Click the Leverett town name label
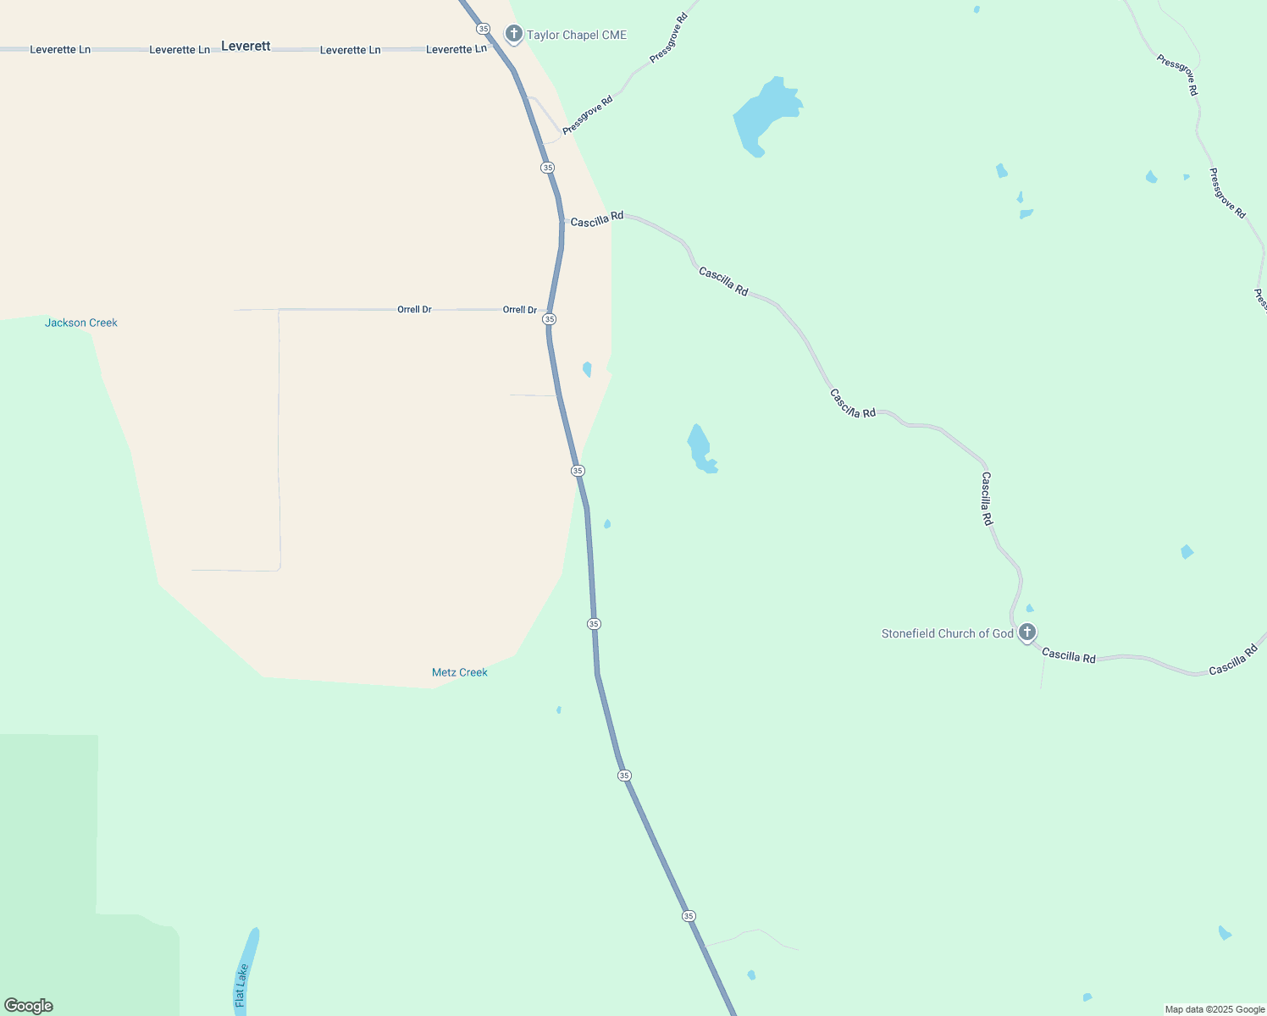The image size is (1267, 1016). pos(246,46)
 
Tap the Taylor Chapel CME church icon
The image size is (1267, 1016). pos(513,34)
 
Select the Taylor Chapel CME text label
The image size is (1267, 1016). pos(577,35)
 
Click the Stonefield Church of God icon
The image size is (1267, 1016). pos(1027,632)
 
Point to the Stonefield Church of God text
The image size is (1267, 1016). pos(947,633)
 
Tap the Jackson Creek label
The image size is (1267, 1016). pos(81,323)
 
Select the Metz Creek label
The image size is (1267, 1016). pos(460,672)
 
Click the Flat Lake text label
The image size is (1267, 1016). pos(241,986)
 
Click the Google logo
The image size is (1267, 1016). pos(29,1006)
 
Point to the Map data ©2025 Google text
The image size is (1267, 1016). pos(1214,1009)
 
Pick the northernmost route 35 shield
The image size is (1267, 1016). pos(483,29)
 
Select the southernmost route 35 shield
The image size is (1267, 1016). pos(689,916)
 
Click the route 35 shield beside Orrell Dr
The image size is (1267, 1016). pos(550,319)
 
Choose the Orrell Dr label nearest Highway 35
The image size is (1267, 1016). pos(520,310)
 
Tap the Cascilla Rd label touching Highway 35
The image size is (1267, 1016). pos(597,220)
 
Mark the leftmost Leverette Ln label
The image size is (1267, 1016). pos(60,50)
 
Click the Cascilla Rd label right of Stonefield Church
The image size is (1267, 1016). pos(1069,654)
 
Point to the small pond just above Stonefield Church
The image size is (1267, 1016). pos(1030,608)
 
